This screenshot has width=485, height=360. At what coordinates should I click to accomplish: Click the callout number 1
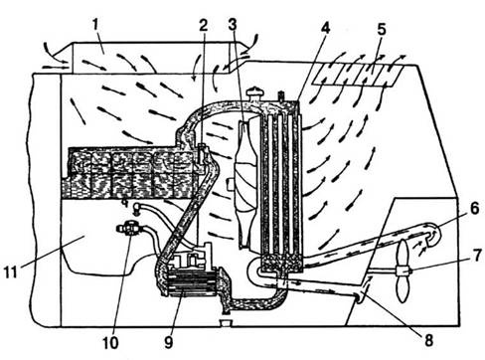pyautogui.click(x=95, y=26)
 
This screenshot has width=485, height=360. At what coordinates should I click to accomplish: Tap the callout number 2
pyautogui.click(x=204, y=26)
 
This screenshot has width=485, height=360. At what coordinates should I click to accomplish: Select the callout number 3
pyautogui.click(x=233, y=24)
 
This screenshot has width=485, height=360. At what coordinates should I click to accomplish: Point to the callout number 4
pyautogui.click(x=325, y=28)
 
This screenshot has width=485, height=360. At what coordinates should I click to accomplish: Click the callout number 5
pyautogui.click(x=382, y=29)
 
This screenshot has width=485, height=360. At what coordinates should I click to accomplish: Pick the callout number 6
pyautogui.click(x=475, y=209)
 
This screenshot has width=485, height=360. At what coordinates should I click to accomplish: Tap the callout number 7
pyautogui.click(x=477, y=256)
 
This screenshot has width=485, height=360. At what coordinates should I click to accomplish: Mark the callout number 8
pyautogui.click(x=428, y=340)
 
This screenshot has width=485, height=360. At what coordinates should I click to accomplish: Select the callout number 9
pyautogui.click(x=169, y=343)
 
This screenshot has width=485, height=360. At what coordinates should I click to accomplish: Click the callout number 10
pyautogui.click(x=110, y=343)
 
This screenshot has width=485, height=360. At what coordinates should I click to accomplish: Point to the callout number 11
pyautogui.click(x=11, y=271)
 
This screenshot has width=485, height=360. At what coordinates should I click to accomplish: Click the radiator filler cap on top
pyautogui.click(x=254, y=93)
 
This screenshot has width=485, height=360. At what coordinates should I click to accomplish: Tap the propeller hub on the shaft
pyautogui.click(x=403, y=271)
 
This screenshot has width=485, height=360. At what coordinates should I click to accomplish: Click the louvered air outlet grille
pyautogui.click(x=358, y=76)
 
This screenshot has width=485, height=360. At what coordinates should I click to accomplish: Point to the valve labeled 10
pyautogui.click(x=130, y=229)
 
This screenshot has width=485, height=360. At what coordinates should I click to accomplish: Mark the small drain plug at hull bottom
pyautogui.click(x=226, y=322)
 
